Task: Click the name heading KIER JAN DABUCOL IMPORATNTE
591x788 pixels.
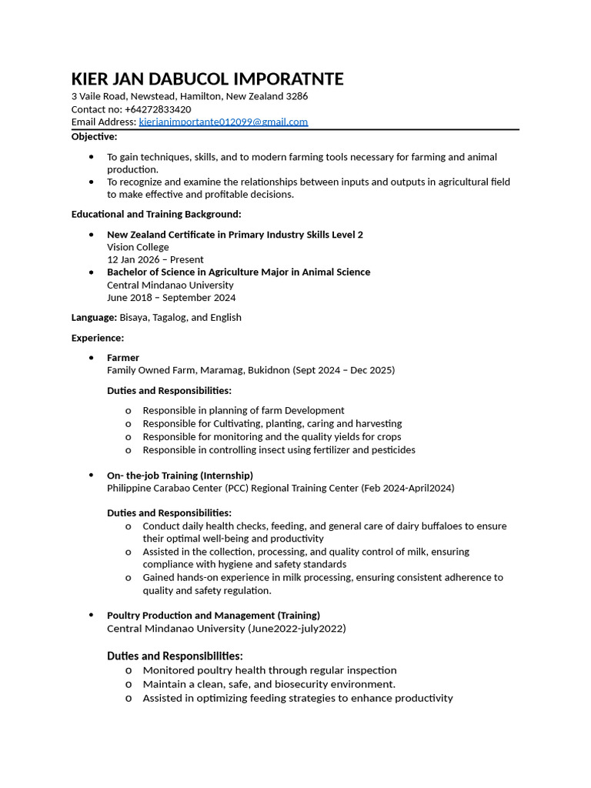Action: [207, 79]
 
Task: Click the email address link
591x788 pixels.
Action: [223, 122]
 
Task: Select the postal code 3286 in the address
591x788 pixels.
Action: [297, 96]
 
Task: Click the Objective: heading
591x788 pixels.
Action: [94, 136]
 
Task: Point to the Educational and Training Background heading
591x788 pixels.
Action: [156, 214]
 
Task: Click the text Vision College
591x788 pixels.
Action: [138, 247]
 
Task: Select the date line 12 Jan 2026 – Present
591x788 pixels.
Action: [155, 260]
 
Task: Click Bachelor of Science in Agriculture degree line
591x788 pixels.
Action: [239, 272]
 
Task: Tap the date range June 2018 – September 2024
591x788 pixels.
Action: [171, 298]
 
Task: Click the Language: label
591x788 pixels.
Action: [94, 317]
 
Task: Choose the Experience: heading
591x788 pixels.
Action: [97, 338]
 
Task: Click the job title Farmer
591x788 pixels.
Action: [123, 358]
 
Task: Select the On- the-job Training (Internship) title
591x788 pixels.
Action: [180, 476]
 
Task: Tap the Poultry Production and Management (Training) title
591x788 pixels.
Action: [213, 616]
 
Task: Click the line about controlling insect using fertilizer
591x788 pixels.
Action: [279, 449]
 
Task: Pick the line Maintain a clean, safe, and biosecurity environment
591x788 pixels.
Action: [269, 684]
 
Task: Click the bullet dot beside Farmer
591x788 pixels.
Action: [92, 358]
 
